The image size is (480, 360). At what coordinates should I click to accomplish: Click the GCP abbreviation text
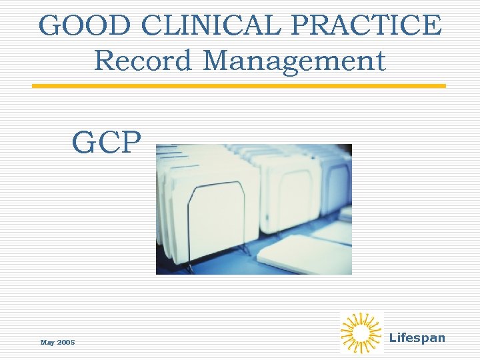coord(107,141)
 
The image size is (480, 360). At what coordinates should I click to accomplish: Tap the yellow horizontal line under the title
coord(239,86)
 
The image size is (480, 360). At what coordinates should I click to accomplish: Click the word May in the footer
coord(47,343)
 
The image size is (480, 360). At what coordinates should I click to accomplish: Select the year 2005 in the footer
coord(66,343)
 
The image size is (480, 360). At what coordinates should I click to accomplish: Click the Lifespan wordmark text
coord(417,338)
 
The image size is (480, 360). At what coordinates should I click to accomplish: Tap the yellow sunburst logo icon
coord(361,332)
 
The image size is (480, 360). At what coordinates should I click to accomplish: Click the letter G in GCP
coord(84,141)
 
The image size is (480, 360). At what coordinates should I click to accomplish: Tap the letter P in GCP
coord(130,141)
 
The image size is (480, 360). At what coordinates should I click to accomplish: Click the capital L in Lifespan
coord(392,338)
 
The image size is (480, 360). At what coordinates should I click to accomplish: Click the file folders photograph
coord(253,209)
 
